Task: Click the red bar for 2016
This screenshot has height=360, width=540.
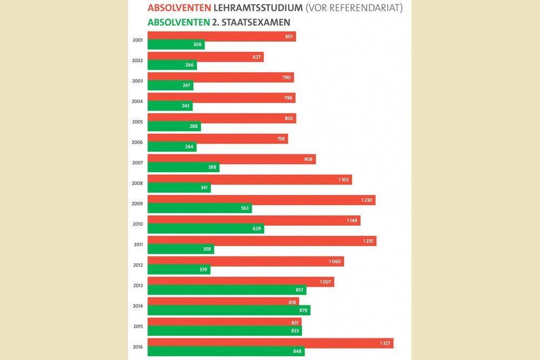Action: click(270, 343)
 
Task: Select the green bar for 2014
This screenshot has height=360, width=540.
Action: click(228, 310)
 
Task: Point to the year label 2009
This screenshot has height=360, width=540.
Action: click(137, 203)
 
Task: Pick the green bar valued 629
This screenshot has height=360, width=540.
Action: click(205, 229)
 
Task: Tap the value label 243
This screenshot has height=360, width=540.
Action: click(185, 106)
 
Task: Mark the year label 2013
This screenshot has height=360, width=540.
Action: click(137, 285)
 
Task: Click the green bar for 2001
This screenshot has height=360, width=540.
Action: click(175, 45)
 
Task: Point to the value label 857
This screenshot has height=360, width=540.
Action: click(300, 290)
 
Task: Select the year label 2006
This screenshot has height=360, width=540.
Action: click(137, 142)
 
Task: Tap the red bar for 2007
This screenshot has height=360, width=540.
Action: click(231, 159)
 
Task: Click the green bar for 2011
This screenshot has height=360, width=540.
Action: click(180, 249)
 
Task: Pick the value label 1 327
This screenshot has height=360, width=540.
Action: click(383, 343)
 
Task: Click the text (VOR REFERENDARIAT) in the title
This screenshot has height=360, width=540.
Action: click(354, 9)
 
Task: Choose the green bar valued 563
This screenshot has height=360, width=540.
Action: click(199, 208)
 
